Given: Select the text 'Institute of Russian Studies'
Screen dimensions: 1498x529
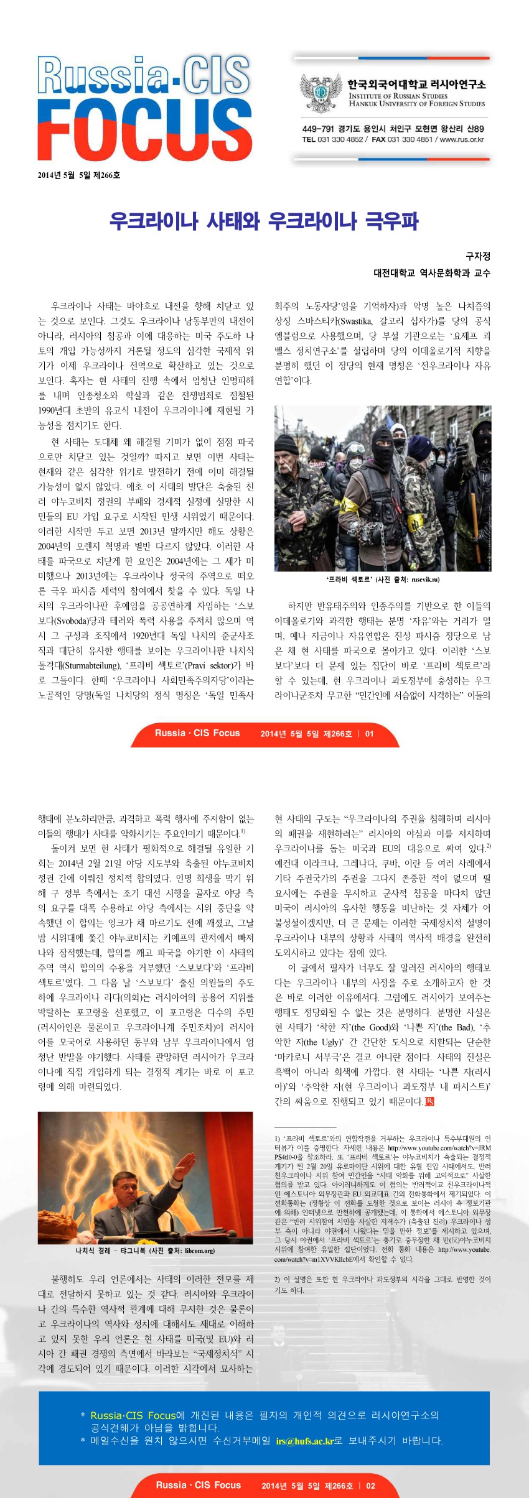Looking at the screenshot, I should (x=398, y=96).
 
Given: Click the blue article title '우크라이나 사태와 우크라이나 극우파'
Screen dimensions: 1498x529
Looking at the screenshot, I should (x=264, y=221).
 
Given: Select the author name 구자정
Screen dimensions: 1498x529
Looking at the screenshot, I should (x=478, y=256).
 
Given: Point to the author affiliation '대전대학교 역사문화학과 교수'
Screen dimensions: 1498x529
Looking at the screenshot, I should (x=431, y=273).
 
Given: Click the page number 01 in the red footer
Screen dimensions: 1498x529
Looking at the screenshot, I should (x=370, y=734).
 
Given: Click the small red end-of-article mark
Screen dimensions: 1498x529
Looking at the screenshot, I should (x=429, y=1101).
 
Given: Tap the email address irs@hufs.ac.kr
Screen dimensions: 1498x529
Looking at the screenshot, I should (x=305, y=1441).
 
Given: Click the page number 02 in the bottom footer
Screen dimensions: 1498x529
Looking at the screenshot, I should (x=370, y=1486).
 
